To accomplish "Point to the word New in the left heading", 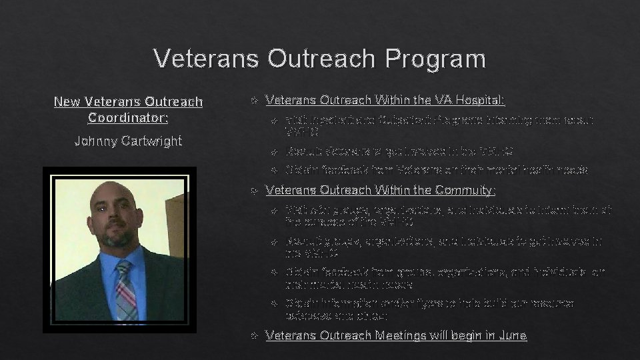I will coord(66,102).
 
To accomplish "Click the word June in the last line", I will coord(512,335).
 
